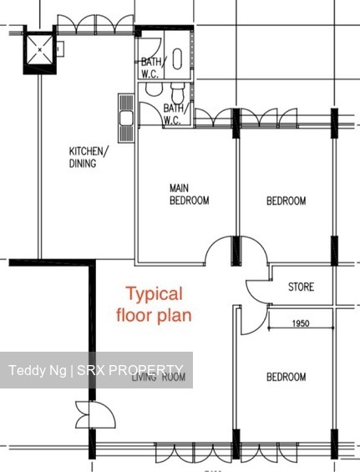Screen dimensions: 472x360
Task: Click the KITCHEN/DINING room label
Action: pos(87,157)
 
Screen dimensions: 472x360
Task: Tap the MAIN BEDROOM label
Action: pos(189,194)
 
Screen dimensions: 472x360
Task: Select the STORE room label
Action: pos(301,287)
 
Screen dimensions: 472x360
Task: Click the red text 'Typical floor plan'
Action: pos(159,304)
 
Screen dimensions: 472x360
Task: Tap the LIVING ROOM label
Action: pos(158,378)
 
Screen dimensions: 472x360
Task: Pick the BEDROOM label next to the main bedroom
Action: pos(286,200)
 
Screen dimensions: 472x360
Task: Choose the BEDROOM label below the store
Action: pos(286,378)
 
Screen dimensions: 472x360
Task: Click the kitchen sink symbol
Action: pos(126,119)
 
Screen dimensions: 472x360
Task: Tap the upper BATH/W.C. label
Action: pos(151,67)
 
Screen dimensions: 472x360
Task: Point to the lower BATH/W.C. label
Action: pos(173,114)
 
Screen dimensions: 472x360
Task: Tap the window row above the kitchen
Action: pos(92,28)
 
